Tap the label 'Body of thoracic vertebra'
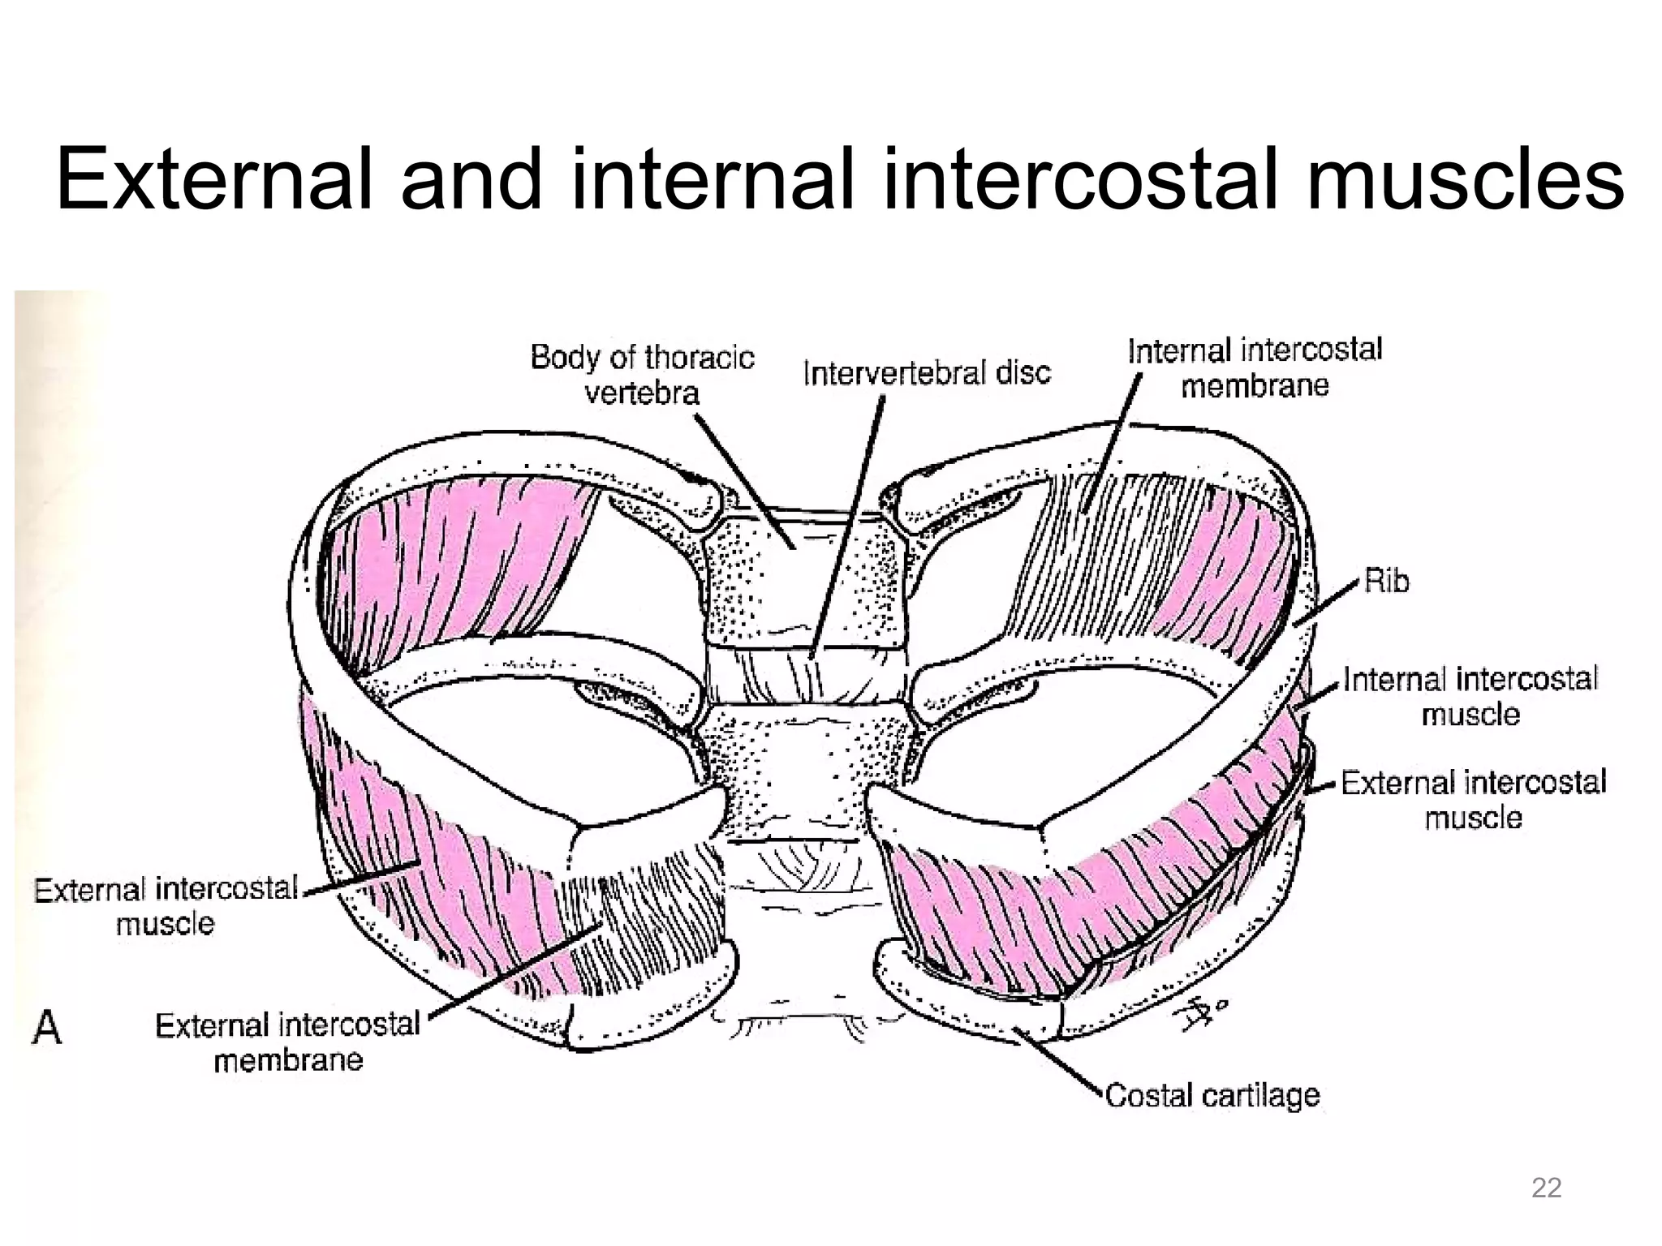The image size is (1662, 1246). click(642, 375)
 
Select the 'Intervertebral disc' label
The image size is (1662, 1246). click(926, 373)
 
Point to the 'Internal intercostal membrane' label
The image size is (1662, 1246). click(1254, 367)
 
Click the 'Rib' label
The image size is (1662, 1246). click(1386, 581)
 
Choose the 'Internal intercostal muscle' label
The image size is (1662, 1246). click(1470, 696)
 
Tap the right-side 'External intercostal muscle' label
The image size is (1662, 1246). click(1473, 800)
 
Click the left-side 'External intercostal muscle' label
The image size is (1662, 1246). click(166, 906)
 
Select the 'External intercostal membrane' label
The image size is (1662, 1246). click(288, 1042)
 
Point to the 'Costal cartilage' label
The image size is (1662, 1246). click(1212, 1095)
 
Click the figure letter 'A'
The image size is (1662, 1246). click(47, 1028)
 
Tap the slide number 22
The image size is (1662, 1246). click(1546, 1188)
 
